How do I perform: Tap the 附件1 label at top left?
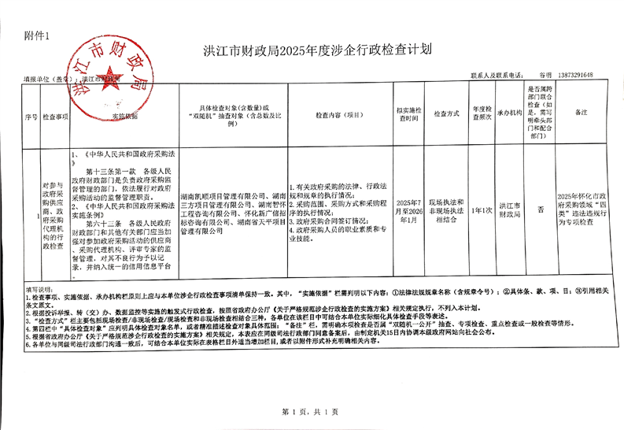[x=36, y=36]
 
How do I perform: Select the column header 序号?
[x=30, y=115]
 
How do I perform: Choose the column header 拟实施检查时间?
[x=409, y=115]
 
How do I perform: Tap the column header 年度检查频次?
[x=482, y=115]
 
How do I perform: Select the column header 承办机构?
[x=510, y=115]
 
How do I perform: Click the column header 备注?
[x=582, y=115]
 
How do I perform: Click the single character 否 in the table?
[x=541, y=211]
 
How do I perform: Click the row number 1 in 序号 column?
[x=30, y=211]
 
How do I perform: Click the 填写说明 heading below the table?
[x=39, y=289]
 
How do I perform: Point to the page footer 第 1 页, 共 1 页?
[x=309, y=412]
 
